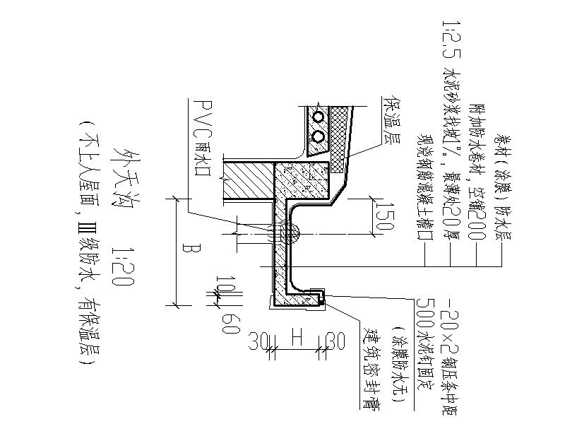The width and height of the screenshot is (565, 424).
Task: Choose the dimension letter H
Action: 297,339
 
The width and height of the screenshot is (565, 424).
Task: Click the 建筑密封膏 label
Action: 368,368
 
